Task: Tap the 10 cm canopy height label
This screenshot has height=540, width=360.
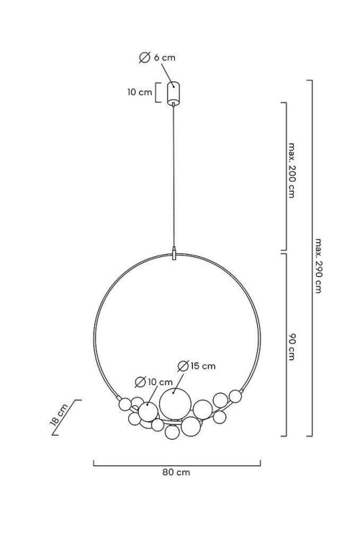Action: tap(140, 92)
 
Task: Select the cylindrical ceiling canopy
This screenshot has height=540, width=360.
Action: tap(174, 93)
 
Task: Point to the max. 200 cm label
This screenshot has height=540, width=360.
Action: tap(292, 170)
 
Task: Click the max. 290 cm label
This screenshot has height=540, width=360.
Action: tap(318, 266)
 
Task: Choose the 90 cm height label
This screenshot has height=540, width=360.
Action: tap(292, 347)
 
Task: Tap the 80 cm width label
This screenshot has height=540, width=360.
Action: tap(176, 472)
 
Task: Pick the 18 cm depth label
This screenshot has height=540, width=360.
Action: tap(58, 415)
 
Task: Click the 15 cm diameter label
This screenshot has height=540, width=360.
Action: tap(197, 366)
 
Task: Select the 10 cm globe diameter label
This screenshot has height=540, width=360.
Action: tap(153, 382)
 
